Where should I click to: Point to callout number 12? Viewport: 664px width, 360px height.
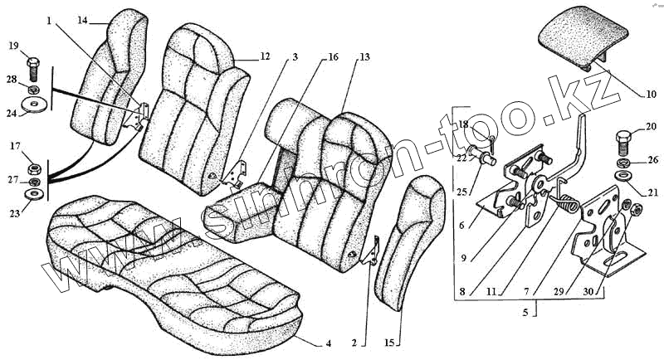pyautogui.click(x=265, y=56)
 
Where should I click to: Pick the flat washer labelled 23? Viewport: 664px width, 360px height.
pyautogui.click(x=34, y=194)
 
